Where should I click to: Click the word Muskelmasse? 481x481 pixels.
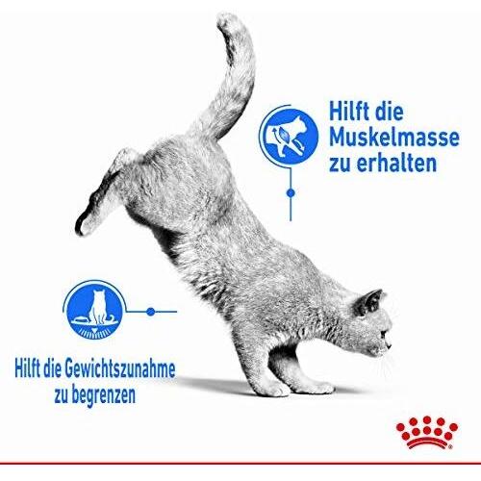click(x=394, y=138)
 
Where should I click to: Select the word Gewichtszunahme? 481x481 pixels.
click(x=120, y=370)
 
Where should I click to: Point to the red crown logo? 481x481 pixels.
click(x=427, y=432)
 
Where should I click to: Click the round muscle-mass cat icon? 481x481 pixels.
click(x=291, y=136)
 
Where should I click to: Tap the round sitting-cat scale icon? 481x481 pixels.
click(x=94, y=312)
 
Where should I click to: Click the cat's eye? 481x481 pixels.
click(x=383, y=335)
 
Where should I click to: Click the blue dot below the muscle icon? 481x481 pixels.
click(x=291, y=193)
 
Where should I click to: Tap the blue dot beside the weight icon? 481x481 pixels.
click(x=151, y=312)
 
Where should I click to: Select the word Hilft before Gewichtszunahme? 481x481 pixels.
click(x=28, y=370)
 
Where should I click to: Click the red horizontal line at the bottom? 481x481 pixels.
click(x=240, y=463)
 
